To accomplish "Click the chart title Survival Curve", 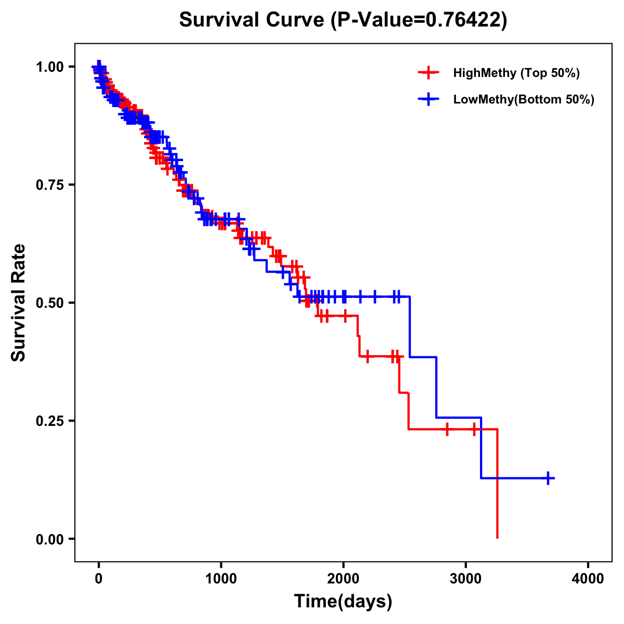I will tap(253, 20).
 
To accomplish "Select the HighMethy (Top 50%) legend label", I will tap(516, 73).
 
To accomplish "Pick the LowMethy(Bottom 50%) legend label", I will tap(523, 99).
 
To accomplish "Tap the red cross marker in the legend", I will tap(428, 73).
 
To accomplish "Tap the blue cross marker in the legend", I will tap(428, 99).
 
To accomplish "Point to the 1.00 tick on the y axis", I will tap(50, 67).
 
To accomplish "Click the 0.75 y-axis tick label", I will tap(50, 185).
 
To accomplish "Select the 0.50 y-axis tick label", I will tap(50, 303).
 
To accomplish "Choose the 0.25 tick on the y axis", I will tap(50, 421).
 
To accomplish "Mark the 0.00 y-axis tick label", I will tap(50, 539).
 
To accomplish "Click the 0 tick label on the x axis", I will tap(99, 578).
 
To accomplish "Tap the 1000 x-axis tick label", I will tap(221, 578).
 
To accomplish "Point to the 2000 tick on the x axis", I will tap(343, 578).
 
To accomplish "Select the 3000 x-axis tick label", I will tap(466, 578).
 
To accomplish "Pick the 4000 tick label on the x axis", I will tap(588, 578).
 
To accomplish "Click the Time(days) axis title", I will tap(343, 602).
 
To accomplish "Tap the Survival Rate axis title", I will tap(19, 303).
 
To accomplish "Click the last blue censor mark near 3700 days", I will tap(548, 478).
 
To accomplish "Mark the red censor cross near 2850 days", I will tap(447, 430).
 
